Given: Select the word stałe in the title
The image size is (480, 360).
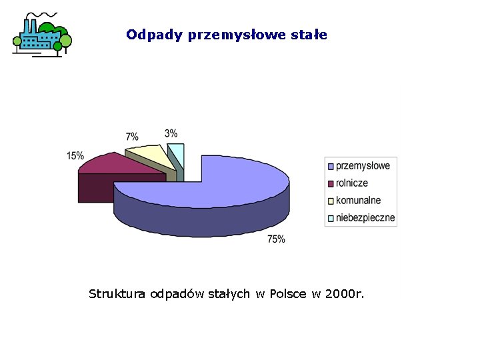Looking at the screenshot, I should (310, 35).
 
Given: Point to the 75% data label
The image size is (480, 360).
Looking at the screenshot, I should (276, 239).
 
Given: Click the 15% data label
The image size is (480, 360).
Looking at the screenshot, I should (75, 156).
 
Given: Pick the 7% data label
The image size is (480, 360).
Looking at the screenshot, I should (132, 137).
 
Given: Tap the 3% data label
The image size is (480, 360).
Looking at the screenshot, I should (171, 133).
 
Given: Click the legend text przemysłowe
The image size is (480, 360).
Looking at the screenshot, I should (363, 165).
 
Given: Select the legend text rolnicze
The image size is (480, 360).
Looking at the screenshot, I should (352, 183).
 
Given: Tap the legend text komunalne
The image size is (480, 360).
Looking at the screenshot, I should (359, 200).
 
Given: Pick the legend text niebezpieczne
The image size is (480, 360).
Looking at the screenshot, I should (365, 217).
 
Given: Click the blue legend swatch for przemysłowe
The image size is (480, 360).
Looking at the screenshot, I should (331, 166).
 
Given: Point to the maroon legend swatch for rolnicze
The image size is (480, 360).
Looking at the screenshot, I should (331, 183).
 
